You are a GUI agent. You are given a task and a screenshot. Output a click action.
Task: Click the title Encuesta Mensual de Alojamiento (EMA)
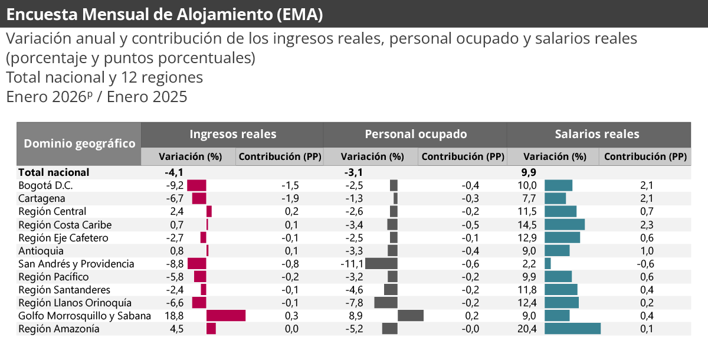165,14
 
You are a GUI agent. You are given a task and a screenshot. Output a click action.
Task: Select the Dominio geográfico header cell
79,143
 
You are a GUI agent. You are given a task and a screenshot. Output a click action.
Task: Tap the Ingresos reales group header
232,134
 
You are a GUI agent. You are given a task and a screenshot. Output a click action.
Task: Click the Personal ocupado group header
415,134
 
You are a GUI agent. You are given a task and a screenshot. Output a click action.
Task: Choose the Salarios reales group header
597,134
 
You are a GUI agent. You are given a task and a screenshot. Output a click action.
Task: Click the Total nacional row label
54,172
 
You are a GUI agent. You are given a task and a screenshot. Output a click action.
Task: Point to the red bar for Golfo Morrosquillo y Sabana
225,316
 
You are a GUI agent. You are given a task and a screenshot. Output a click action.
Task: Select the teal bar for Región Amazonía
572,329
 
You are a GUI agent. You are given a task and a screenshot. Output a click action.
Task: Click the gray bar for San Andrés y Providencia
381,264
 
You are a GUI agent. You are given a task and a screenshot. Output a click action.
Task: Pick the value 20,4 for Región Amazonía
527,329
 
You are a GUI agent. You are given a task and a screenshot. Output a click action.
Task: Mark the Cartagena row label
42,198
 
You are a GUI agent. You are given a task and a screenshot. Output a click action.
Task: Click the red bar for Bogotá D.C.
196,185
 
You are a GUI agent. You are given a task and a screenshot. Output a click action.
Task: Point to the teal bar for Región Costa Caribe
564,225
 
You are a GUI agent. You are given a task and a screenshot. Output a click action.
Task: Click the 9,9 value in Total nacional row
528,172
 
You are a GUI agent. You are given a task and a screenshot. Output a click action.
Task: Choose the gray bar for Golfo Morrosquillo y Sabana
411,316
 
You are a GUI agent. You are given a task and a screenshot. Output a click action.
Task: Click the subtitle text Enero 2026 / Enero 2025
97,97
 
